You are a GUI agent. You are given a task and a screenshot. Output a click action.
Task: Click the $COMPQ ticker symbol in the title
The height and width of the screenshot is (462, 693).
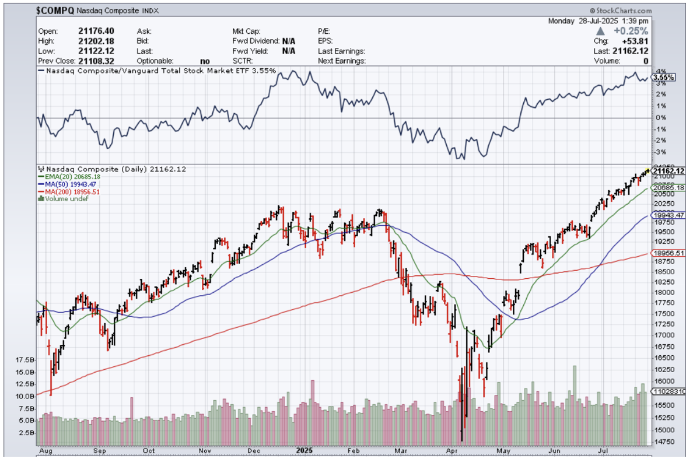54,11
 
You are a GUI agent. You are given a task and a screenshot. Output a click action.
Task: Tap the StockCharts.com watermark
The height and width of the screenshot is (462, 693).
621,10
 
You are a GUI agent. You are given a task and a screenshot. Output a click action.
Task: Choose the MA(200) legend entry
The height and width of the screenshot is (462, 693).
71,191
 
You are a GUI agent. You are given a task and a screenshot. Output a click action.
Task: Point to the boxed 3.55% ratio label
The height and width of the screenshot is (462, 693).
664,77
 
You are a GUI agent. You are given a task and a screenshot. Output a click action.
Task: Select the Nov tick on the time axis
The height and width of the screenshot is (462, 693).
204,451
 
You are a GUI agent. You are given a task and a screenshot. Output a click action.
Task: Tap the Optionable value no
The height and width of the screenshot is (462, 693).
205,61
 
